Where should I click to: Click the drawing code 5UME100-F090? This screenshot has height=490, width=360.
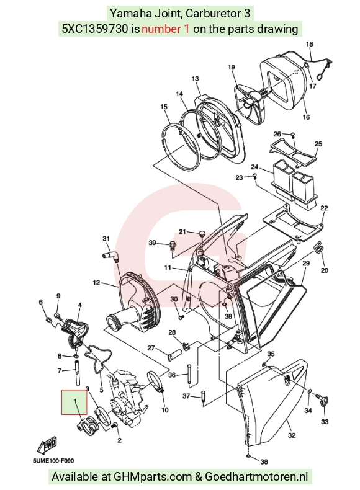click(x=53, y=461)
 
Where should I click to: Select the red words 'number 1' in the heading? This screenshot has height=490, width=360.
click(x=166, y=29)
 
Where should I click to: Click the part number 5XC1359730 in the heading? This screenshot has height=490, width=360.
click(x=95, y=29)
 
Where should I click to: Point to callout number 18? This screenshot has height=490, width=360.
click(x=309, y=44)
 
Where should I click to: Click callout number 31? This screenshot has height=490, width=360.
click(x=106, y=239)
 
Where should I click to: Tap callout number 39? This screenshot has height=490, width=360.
click(x=152, y=243)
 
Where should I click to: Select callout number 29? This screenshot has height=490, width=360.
click(x=305, y=263)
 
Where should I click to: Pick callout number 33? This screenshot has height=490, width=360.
click(x=325, y=422)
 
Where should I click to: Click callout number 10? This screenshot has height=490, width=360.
click(x=164, y=410)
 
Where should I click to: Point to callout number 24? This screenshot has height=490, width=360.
click(x=254, y=167)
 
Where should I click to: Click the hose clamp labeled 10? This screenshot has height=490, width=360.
click(x=155, y=381)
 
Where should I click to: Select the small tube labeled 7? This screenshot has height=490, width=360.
click(x=76, y=372)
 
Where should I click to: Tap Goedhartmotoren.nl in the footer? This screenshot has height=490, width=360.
click(x=256, y=477)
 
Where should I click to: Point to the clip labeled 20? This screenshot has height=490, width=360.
click(x=318, y=247)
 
